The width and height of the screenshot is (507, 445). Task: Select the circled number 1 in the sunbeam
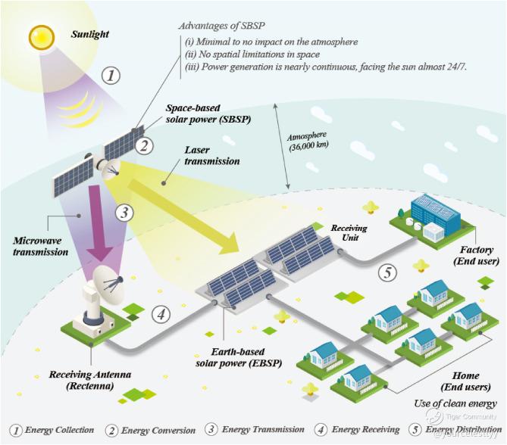pos(111,76)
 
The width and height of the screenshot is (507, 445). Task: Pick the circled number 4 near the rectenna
pos(160,313)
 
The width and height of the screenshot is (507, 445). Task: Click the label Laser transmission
pos(211,156)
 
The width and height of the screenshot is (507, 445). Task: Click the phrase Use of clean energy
pos(455,403)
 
